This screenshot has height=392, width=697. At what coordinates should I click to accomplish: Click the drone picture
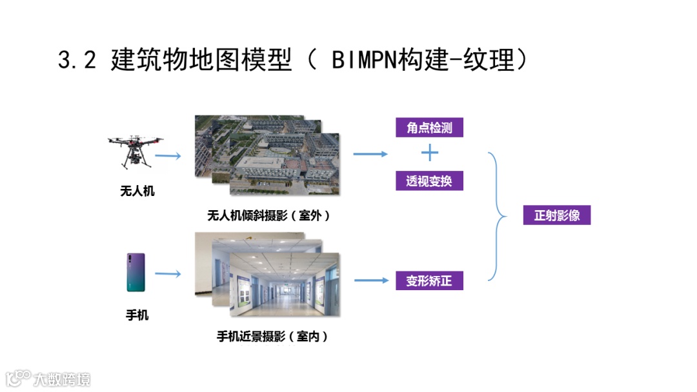click(135, 149)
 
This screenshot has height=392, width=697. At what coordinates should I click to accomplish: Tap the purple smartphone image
click(136, 273)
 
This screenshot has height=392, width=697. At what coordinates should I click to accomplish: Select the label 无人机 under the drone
click(137, 191)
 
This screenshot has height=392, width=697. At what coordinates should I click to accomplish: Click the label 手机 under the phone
click(137, 315)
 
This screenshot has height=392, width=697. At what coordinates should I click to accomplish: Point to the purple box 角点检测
click(429, 128)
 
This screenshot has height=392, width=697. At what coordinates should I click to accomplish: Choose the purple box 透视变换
click(429, 181)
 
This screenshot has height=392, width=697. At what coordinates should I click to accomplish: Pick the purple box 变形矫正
click(429, 281)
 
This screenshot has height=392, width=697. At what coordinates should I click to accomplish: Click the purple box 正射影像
click(556, 215)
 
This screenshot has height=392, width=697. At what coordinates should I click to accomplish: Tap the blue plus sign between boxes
click(429, 153)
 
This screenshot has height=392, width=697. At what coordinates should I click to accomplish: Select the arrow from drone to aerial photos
click(168, 156)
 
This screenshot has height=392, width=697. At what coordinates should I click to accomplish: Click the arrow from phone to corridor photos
click(168, 274)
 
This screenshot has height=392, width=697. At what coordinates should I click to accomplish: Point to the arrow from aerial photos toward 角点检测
click(370, 153)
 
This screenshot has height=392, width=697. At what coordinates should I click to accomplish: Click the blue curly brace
click(498, 216)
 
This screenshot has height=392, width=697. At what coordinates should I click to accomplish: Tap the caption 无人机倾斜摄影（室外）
click(268, 216)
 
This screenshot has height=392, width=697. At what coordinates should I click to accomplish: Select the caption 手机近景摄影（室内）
click(272, 336)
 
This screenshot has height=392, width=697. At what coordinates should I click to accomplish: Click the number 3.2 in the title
click(77, 61)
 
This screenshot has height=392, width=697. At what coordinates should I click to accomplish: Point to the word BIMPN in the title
click(359, 61)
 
